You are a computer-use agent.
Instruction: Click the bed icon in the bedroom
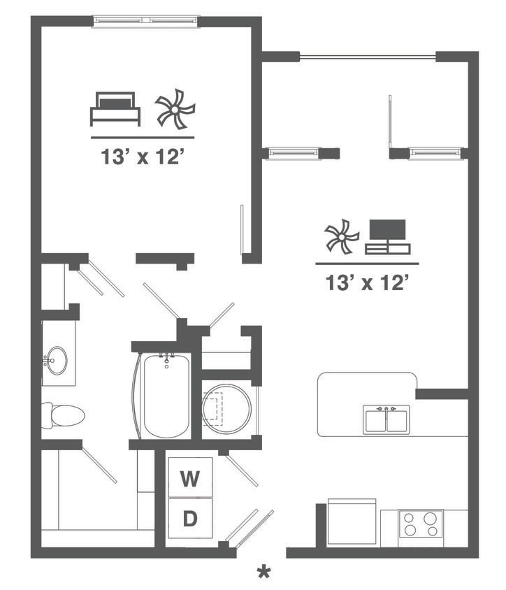(x=115, y=109)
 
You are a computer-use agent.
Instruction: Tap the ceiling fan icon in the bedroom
(x=175, y=110)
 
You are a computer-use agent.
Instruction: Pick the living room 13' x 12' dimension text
(x=366, y=283)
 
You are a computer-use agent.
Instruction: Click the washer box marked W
(x=189, y=479)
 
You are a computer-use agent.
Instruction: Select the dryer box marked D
(x=189, y=519)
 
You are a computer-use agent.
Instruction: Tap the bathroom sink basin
(x=58, y=361)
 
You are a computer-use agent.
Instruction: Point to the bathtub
(x=166, y=396)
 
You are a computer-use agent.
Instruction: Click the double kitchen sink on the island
(x=385, y=419)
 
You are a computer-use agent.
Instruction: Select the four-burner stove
(x=421, y=524)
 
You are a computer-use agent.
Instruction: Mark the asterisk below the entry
(x=263, y=573)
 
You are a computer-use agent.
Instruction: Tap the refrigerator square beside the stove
(x=352, y=521)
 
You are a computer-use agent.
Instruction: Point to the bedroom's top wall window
(x=146, y=21)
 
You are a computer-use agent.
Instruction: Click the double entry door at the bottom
(x=250, y=528)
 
